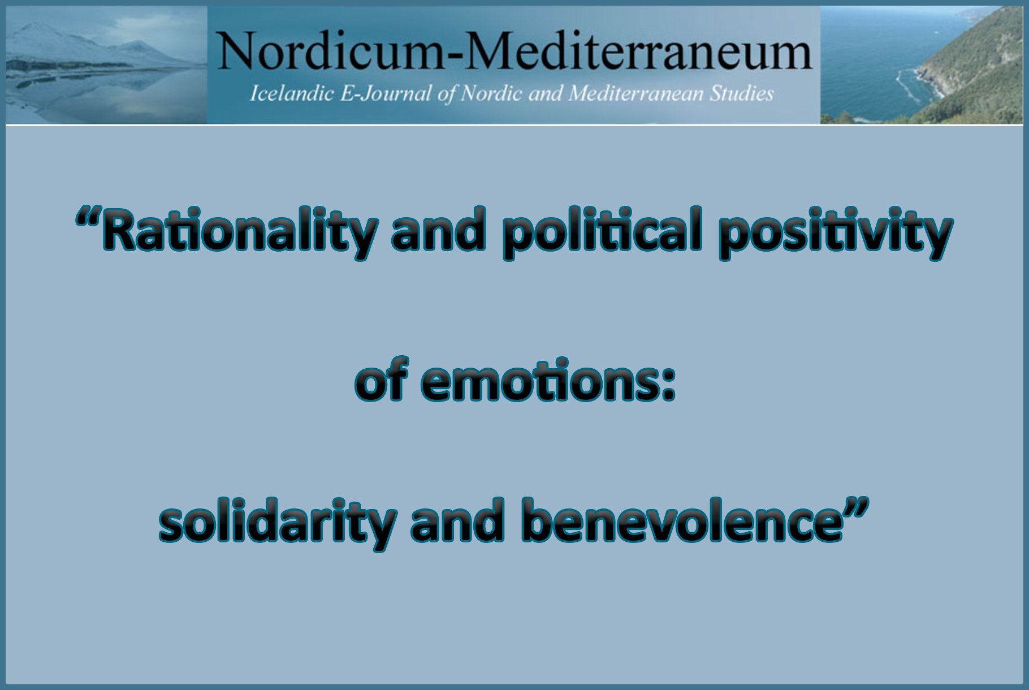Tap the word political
(603, 231)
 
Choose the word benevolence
(682, 521)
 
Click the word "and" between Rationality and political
(439, 231)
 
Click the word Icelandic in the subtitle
(291, 93)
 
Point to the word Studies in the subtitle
(741, 93)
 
